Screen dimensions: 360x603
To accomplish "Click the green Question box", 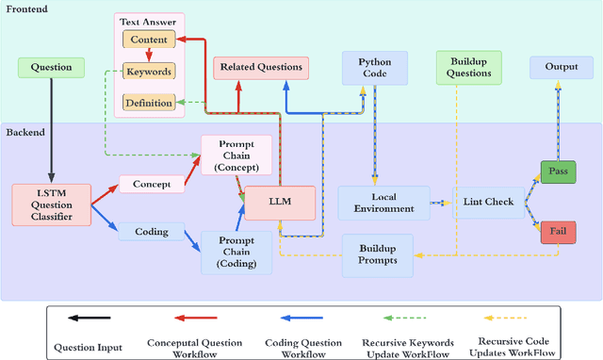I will [51, 67].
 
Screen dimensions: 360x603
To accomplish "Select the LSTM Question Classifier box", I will [51, 205].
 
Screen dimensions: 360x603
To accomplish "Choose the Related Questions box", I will [261, 67].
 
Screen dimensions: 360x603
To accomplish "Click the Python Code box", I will [374, 67].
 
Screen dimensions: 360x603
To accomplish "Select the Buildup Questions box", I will [468, 67].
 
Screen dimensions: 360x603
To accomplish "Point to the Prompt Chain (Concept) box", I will [236, 155].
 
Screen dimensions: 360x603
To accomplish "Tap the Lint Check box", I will [486, 203].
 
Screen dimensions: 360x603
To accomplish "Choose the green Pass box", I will [557, 172].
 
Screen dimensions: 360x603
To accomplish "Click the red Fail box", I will [557, 234].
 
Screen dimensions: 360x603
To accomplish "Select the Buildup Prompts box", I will [377, 255].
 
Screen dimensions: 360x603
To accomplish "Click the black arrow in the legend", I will [89, 319].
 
